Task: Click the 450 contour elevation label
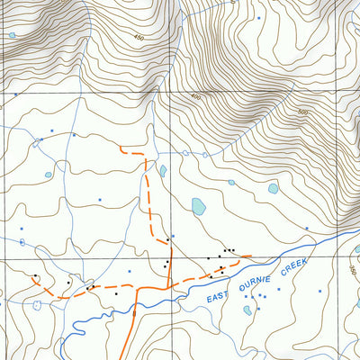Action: tap(138, 37)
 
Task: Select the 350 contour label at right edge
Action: tap(353, 271)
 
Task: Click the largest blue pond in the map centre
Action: tap(198, 207)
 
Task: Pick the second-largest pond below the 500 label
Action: tap(273, 189)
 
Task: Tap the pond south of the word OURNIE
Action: tap(247, 310)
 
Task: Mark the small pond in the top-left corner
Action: tap(12, 36)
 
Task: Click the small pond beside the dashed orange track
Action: tap(163, 170)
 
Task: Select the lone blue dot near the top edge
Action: tap(259, 17)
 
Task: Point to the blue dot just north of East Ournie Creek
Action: tap(306, 229)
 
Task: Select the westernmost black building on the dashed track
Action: tap(35, 275)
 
